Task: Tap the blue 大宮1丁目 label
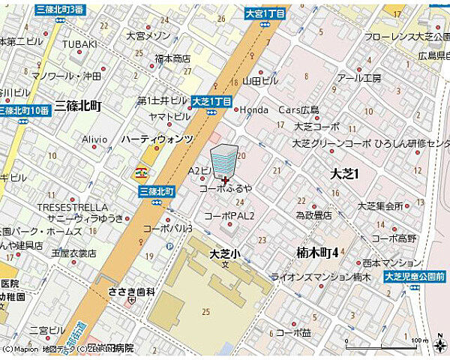click(x=265, y=13)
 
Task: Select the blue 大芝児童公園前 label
click(x=415, y=277)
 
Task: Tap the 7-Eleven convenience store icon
click(x=140, y=172)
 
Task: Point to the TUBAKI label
click(x=79, y=44)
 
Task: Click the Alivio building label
click(x=94, y=139)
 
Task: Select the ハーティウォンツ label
click(x=157, y=139)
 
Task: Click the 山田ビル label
click(x=260, y=80)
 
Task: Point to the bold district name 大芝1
click(x=346, y=173)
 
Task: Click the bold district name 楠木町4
click(x=316, y=251)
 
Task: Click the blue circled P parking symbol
click(x=169, y=246)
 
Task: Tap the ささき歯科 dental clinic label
click(x=131, y=292)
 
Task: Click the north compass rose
click(x=437, y=343)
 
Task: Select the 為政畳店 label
click(x=313, y=214)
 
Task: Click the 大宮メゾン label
click(x=148, y=34)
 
